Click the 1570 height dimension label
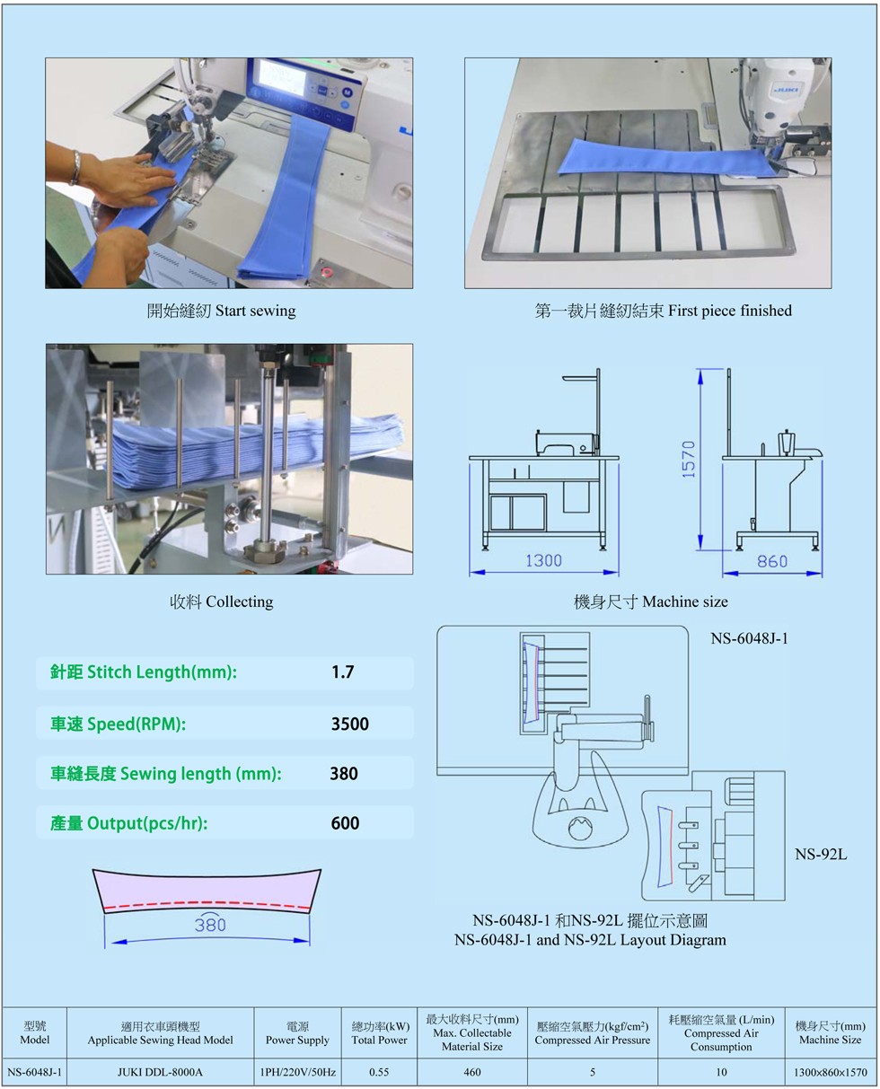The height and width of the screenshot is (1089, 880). pyautogui.click(x=689, y=459)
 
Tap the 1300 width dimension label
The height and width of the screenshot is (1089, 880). pyautogui.click(x=543, y=561)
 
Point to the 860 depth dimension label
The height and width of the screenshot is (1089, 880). pyautogui.click(x=772, y=561)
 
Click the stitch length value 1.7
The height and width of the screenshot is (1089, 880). pyautogui.click(x=343, y=672)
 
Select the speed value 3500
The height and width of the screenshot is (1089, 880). pyautogui.click(x=349, y=724)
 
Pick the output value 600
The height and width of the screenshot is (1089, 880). pyautogui.click(x=345, y=822)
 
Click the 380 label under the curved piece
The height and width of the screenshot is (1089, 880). pyautogui.click(x=210, y=925)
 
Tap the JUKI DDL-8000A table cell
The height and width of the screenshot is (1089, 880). pyautogui.click(x=160, y=1072)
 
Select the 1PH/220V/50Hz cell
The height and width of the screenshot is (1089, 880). pyautogui.click(x=297, y=1072)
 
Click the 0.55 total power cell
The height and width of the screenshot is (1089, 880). pyautogui.click(x=379, y=1072)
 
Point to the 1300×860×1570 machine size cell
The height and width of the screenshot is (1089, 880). pyautogui.click(x=831, y=1072)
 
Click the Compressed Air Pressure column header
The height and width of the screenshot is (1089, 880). pyautogui.click(x=593, y=1032)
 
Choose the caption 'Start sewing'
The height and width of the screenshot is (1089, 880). pyautogui.click(x=256, y=311)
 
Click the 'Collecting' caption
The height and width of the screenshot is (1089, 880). pyautogui.click(x=239, y=602)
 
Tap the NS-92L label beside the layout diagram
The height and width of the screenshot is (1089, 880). pyautogui.click(x=821, y=855)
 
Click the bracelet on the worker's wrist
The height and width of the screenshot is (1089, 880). pyautogui.click(x=75, y=167)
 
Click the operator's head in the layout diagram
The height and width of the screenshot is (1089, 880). pyautogui.click(x=580, y=827)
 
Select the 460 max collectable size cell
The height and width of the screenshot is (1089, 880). pyautogui.click(x=472, y=1072)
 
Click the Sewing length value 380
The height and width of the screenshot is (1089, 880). pyautogui.click(x=344, y=773)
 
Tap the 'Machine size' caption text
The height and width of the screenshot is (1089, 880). pyautogui.click(x=685, y=602)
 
